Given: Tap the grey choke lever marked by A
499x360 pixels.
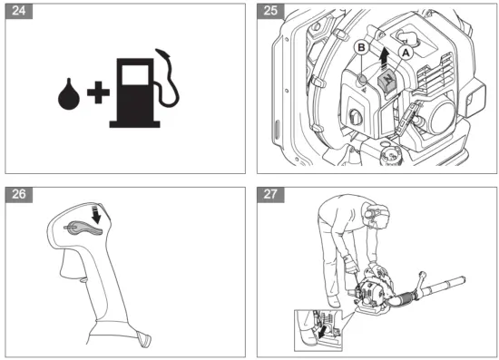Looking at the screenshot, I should (386, 83).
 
